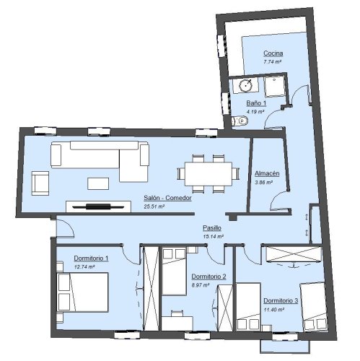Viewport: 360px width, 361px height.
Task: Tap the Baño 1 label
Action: coord(256,104)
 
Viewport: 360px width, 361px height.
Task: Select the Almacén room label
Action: coord(267,174)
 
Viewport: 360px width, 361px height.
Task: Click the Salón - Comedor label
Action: coord(168,199)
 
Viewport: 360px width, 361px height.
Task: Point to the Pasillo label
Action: coord(212,228)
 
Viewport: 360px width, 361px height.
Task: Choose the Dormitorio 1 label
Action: coord(91,258)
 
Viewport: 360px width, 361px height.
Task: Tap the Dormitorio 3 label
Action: coord(281,300)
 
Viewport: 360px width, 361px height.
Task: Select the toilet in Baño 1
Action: coord(242,121)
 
